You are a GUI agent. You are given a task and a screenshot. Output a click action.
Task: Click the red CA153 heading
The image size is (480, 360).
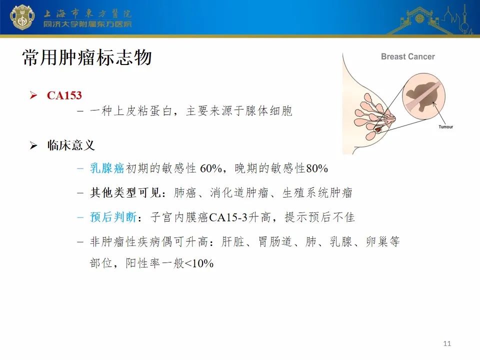(64, 95)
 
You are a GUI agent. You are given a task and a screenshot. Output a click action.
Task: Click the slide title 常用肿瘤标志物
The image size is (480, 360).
(87, 57)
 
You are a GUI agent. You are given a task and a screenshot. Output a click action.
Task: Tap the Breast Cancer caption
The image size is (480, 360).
(408, 56)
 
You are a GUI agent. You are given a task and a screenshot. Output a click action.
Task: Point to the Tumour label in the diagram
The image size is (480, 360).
(445, 126)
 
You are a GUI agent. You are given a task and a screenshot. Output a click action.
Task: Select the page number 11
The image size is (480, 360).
(447, 343)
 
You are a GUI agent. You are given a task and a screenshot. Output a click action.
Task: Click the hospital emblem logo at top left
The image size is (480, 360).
(22, 17)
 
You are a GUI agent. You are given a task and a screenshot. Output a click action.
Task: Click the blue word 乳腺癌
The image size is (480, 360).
(107, 168)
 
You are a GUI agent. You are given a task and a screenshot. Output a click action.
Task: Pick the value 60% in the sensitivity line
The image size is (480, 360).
(211, 168)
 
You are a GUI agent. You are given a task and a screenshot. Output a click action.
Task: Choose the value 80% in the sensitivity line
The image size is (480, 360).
(317, 168)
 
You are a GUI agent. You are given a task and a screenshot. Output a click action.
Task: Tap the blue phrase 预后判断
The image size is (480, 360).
(113, 217)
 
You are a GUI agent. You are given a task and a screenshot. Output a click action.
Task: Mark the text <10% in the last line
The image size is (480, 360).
(199, 263)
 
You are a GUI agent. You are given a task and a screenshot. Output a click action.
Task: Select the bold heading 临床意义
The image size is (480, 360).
(71, 145)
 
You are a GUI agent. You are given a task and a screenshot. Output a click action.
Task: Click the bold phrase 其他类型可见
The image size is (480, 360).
(125, 192)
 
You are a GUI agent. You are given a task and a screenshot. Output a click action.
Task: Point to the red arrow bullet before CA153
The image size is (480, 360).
(33, 95)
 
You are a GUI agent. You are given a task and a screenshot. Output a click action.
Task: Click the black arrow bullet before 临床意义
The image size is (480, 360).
(33, 145)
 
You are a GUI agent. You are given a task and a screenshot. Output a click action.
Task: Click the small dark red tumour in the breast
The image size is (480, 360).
(378, 130)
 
